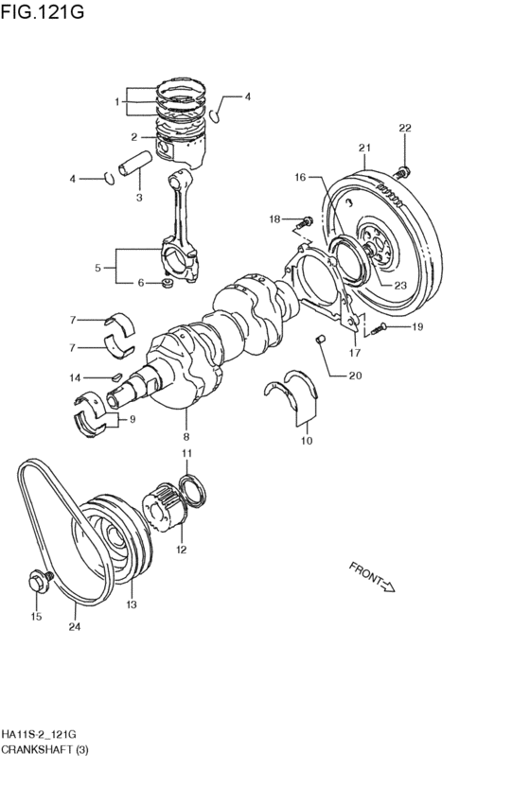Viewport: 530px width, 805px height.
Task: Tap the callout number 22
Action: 405,128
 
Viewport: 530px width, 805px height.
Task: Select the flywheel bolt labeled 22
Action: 403,171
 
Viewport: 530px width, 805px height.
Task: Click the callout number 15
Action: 36,617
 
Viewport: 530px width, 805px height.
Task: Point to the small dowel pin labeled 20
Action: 320,340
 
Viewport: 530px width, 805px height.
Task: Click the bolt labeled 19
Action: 378,327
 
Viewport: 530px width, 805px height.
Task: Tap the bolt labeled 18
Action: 305,222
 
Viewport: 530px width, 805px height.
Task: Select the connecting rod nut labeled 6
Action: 167,283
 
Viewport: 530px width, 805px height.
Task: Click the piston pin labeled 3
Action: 134,163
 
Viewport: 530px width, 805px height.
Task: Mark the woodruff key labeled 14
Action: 116,376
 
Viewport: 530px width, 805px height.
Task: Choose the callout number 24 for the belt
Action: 75,627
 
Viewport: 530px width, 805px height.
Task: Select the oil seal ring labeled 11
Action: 192,491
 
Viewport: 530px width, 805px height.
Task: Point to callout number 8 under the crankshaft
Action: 185,437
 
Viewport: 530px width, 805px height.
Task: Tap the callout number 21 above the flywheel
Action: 364,148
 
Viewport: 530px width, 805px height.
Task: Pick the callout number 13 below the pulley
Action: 132,604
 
